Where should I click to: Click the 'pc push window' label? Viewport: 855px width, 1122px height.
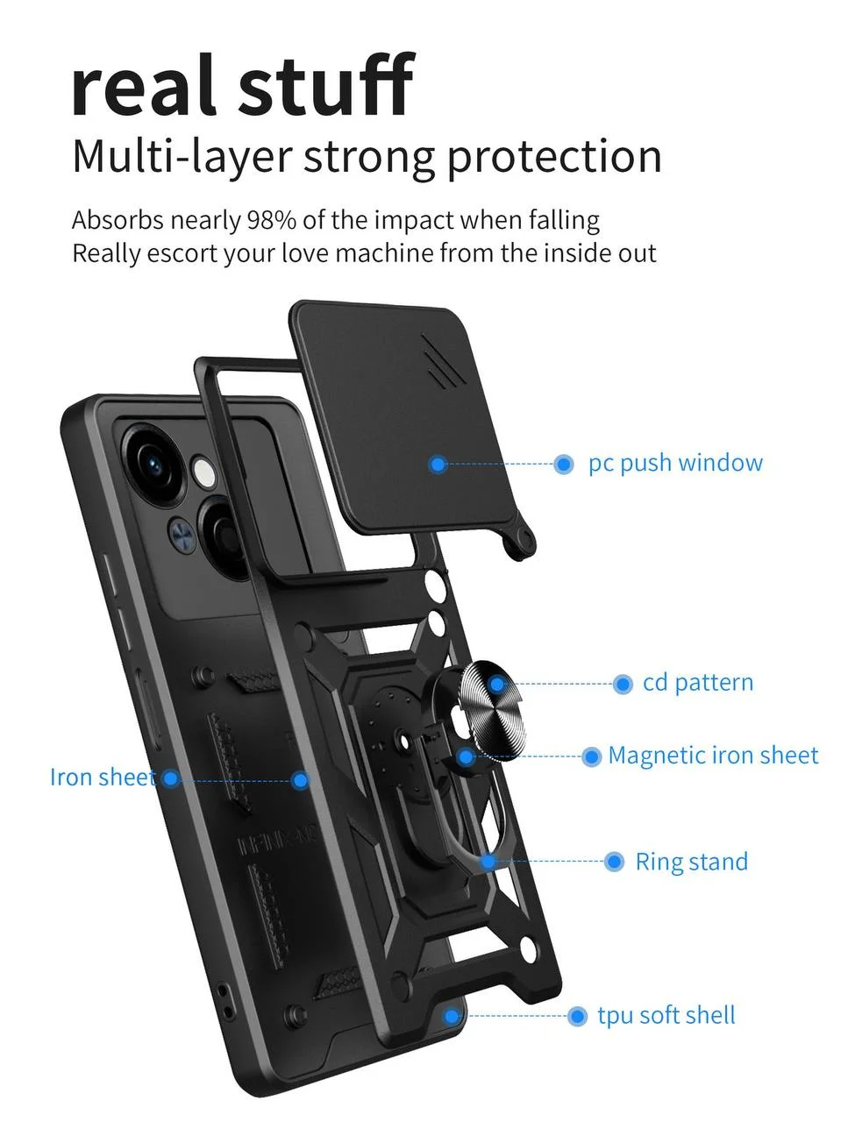[x=675, y=463]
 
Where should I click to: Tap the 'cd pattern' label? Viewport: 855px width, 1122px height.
[x=698, y=682]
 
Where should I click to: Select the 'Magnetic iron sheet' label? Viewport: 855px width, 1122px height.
[x=713, y=756]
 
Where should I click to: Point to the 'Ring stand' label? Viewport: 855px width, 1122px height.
[x=691, y=862]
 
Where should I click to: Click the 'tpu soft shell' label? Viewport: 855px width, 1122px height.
[x=666, y=1015]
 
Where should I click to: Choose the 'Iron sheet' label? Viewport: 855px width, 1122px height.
[x=103, y=778]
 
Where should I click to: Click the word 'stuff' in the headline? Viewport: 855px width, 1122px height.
[x=326, y=84]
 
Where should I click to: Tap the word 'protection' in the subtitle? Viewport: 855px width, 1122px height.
[x=554, y=156]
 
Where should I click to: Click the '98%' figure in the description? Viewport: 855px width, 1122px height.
[x=271, y=220]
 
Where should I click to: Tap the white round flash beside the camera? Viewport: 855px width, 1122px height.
[x=203, y=472]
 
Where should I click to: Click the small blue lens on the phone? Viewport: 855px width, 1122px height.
[x=182, y=536]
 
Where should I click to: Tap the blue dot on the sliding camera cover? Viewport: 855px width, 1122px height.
[x=438, y=464]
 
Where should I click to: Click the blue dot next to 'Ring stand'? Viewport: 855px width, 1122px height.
[x=614, y=862]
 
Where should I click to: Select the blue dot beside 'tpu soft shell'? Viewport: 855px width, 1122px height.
[x=577, y=1016]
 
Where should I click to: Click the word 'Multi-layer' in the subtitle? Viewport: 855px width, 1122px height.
[x=182, y=156]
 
